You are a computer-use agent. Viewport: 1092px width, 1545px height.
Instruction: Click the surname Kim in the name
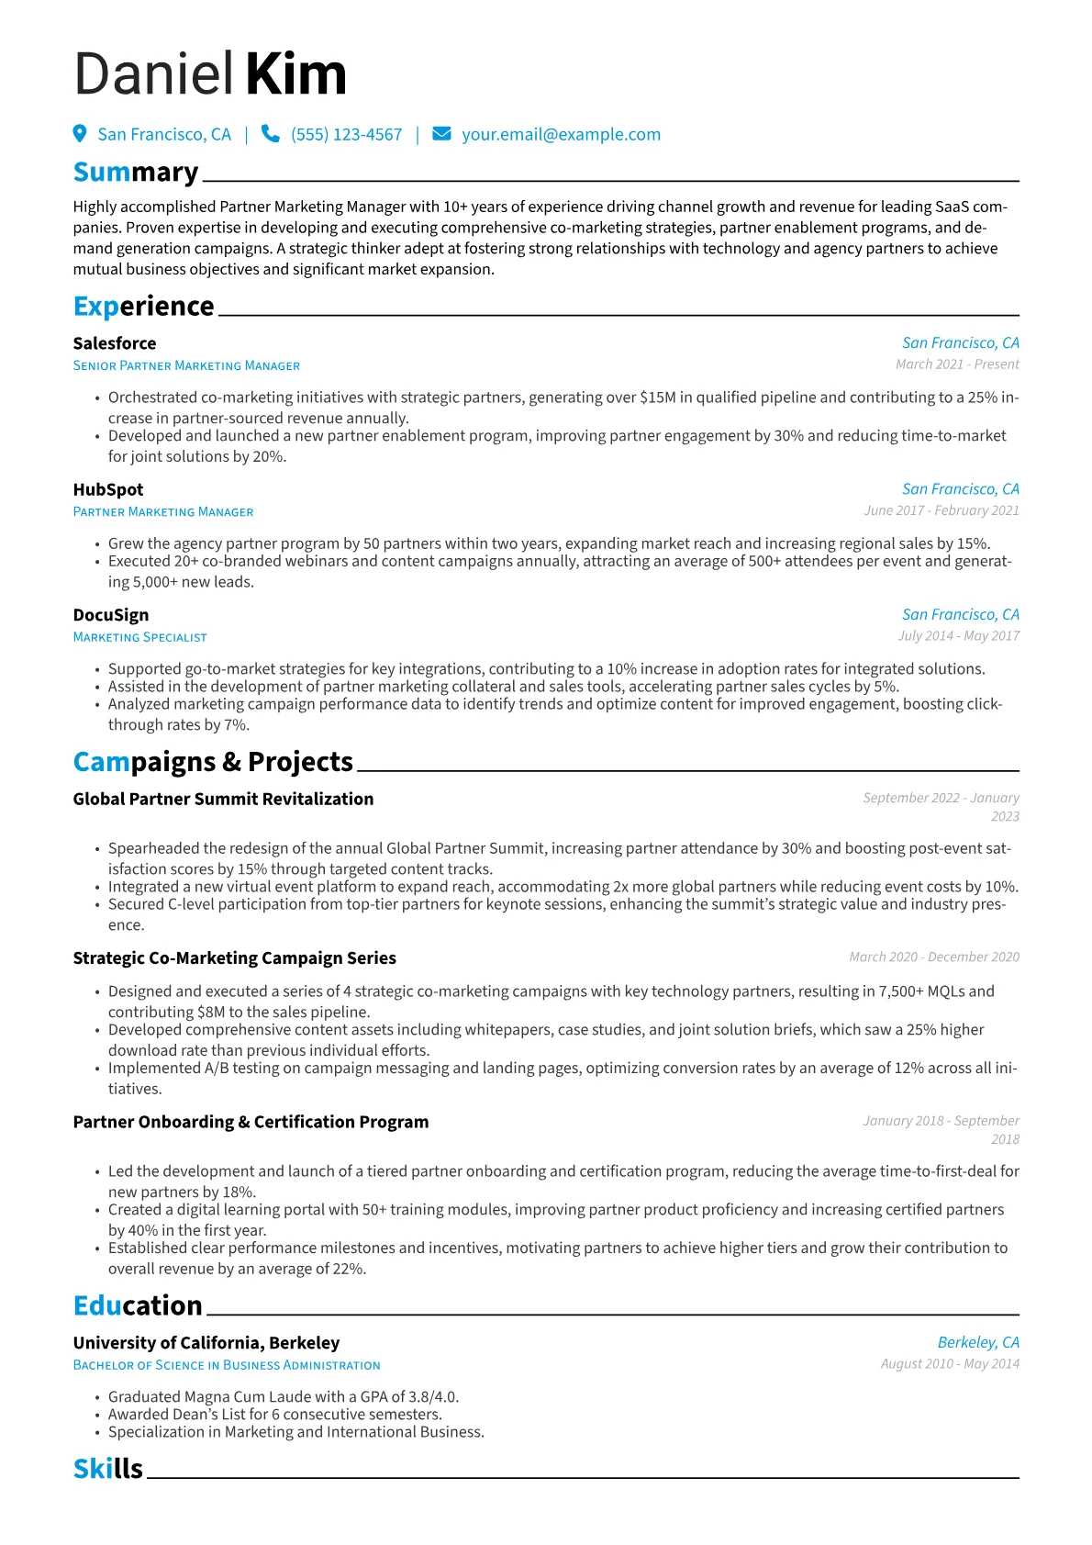click(296, 74)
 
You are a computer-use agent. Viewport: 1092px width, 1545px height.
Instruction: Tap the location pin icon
click(80, 134)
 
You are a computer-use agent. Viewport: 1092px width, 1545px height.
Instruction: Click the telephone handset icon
click(270, 134)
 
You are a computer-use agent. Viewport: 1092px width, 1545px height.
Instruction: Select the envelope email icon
click(441, 134)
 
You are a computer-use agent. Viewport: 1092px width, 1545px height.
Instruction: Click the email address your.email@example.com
click(561, 135)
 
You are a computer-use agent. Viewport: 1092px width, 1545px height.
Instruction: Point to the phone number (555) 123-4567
click(346, 135)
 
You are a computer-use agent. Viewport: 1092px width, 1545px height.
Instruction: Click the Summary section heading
click(136, 173)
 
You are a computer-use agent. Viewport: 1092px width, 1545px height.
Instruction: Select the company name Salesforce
click(115, 343)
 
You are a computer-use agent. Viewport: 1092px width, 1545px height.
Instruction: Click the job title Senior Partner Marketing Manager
click(186, 365)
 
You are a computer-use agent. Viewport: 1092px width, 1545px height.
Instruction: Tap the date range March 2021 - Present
click(957, 364)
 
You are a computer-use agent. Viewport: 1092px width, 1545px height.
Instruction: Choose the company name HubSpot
click(108, 490)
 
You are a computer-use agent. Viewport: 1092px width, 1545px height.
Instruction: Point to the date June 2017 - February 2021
click(941, 510)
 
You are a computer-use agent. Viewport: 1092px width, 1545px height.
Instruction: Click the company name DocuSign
click(111, 615)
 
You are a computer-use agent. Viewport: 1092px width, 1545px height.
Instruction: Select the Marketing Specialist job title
click(139, 637)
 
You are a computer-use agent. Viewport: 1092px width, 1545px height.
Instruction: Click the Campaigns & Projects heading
click(213, 762)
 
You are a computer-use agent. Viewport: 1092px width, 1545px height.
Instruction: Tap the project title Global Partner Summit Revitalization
click(223, 799)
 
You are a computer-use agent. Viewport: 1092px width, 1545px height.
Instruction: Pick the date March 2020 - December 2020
click(933, 957)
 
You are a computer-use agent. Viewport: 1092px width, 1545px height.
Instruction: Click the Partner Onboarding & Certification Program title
click(251, 1122)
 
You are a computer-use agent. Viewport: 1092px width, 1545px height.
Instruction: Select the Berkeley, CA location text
click(978, 1342)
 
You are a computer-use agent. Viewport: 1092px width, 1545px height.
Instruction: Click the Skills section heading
click(108, 1469)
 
